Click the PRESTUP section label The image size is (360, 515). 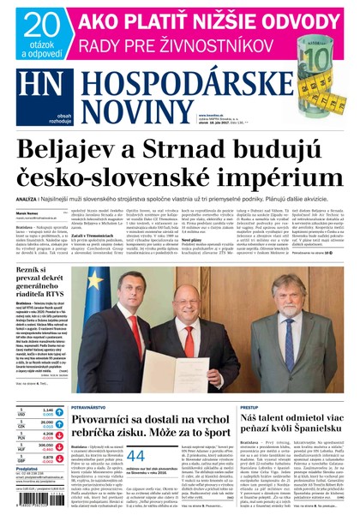(x=249, y=408)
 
